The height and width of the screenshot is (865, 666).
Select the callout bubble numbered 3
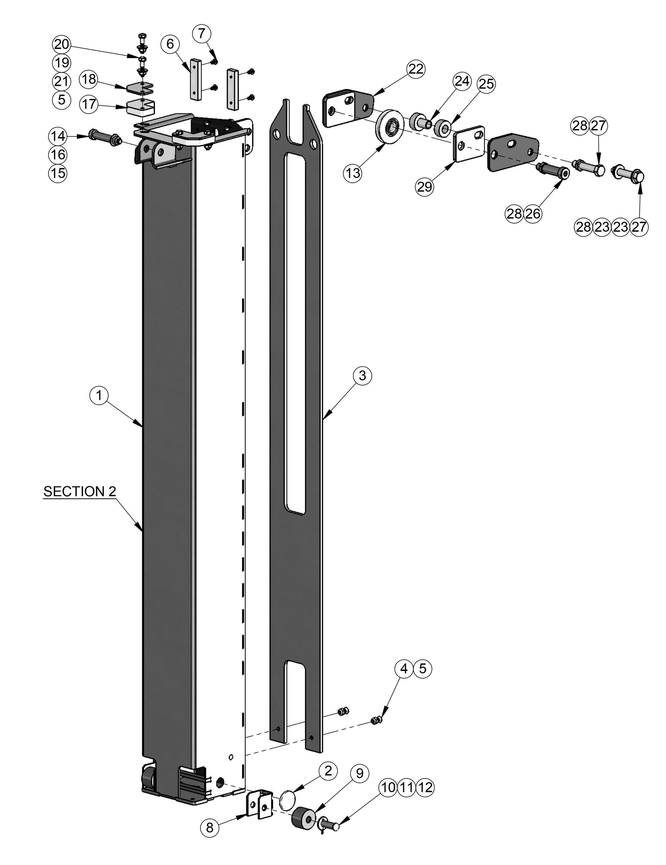tap(362, 375)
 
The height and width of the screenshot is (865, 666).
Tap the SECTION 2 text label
tap(80, 491)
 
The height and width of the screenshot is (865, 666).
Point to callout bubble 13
tap(353, 173)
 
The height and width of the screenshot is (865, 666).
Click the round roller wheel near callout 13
tap(389, 124)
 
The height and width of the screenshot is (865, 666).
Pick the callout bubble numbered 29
tap(424, 186)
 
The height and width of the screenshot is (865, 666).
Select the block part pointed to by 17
tap(141, 107)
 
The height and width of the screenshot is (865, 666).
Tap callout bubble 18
tap(89, 80)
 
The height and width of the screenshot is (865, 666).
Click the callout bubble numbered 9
tap(359, 773)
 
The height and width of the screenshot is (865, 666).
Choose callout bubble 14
tap(58, 137)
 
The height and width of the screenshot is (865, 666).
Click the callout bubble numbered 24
tap(462, 81)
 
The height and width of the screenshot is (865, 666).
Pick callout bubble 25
tap(487, 84)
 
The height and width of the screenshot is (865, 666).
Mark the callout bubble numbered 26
tap(533, 214)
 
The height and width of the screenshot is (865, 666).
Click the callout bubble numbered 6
tap(170, 44)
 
